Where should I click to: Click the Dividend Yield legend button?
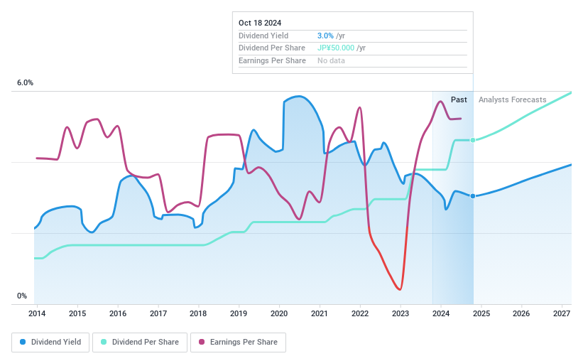point(50,342)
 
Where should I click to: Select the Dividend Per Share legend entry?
point(139,342)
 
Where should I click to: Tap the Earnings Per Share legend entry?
point(238,342)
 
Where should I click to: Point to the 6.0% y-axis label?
point(25,83)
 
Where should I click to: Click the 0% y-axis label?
point(22,296)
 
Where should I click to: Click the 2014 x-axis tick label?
point(37,313)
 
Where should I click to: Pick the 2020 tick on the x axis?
point(279,313)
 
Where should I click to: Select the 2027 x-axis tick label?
point(562,313)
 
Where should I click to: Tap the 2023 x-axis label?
point(401,313)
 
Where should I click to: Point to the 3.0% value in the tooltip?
point(324,36)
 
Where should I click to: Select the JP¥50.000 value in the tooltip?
point(336,48)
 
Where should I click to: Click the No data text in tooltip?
point(332,61)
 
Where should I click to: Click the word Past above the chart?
point(459,99)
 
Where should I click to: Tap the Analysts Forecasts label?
point(513,99)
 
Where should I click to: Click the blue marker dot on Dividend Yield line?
point(473,196)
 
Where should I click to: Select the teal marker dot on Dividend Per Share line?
point(473,140)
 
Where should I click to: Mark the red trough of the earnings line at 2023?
point(401,289)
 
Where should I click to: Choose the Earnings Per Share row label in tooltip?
point(272,61)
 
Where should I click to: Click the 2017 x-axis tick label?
point(158,313)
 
